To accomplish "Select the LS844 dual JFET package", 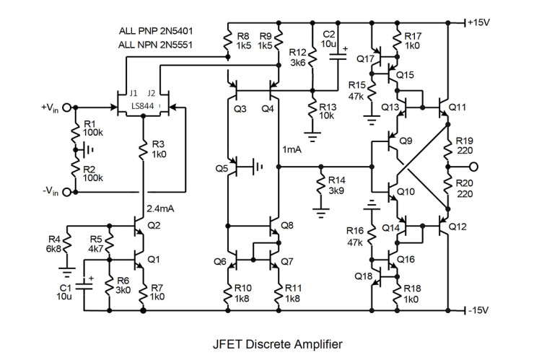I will pos(143,106).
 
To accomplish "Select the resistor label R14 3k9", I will pos(337,185).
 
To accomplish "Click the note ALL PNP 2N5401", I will pos(156,32).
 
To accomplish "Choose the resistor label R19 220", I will pos(465,146).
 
